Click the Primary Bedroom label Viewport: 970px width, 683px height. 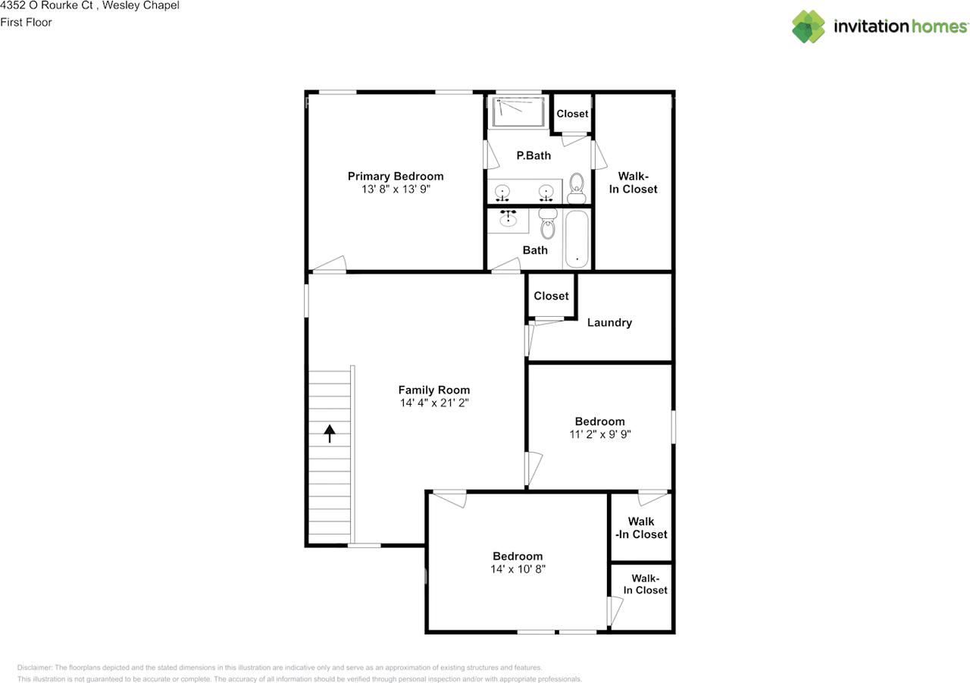[396, 176]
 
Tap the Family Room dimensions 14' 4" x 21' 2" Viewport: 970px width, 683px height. [434, 403]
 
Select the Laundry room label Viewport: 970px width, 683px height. [609, 322]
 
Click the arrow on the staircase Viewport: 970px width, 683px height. [330, 433]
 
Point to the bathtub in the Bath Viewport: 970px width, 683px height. [577, 239]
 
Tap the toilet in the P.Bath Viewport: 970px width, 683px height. [577, 187]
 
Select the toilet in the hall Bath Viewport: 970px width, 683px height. [548, 224]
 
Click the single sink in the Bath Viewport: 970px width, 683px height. [508, 220]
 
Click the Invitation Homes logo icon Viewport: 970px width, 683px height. [809, 27]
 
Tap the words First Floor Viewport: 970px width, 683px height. [26, 22]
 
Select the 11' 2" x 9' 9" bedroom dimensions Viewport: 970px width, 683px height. [600, 434]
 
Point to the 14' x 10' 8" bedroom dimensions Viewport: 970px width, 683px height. [518, 569]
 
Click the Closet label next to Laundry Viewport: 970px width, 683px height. [551, 296]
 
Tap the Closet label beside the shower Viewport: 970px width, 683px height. [572, 114]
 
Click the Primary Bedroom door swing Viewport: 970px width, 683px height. [330, 264]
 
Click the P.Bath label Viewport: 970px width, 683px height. [533, 155]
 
